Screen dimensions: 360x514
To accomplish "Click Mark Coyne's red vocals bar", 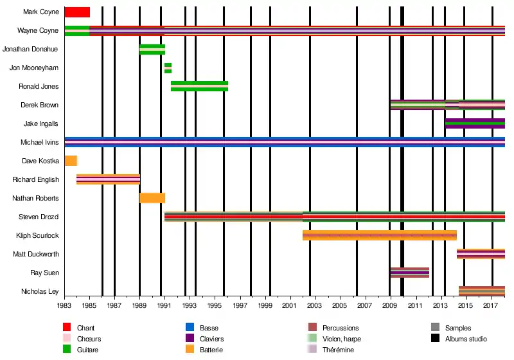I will click(x=77, y=12).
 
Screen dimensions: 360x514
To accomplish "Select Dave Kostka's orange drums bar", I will click(x=71, y=161).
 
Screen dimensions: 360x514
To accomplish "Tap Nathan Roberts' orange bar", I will click(x=152, y=198).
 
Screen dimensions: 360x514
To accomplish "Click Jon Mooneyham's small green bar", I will click(x=168, y=67).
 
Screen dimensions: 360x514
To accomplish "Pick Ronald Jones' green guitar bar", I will click(x=199, y=86).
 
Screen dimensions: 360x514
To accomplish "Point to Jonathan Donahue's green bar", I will click(x=152, y=49).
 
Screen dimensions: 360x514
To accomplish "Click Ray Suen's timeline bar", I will click(x=409, y=273).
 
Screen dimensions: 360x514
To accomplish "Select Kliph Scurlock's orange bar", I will click(x=379, y=235).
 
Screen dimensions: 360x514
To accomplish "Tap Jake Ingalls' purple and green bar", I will click(x=475, y=123).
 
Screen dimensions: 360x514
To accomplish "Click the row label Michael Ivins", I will click(x=40, y=142).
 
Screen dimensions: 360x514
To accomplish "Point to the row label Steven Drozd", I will click(x=40, y=217).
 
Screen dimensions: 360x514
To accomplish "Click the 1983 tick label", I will click(x=64, y=307).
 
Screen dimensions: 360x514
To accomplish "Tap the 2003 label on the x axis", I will click(x=314, y=307).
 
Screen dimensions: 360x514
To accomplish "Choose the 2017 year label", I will click(x=492, y=307).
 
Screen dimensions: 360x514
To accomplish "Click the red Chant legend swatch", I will click(x=67, y=328).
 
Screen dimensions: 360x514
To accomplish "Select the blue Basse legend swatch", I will click(x=190, y=328).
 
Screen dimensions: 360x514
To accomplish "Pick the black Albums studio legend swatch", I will click(x=436, y=339).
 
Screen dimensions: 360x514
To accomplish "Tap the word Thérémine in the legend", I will click(x=338, y=350).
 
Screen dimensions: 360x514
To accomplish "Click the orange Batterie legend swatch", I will click(x=190, y=350).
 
